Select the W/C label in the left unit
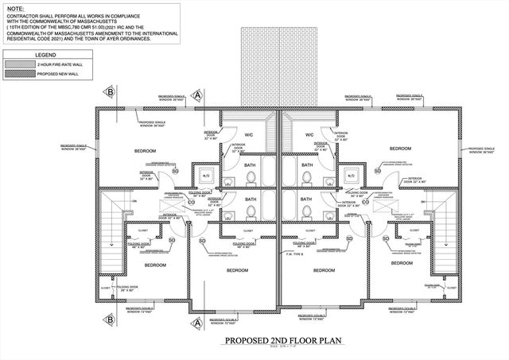point(248,134)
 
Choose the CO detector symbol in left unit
point(192,203)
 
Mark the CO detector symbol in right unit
point(364,203)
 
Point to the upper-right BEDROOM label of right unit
point(400,149)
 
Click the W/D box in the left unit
point(206,176)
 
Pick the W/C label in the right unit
point(309,134)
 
